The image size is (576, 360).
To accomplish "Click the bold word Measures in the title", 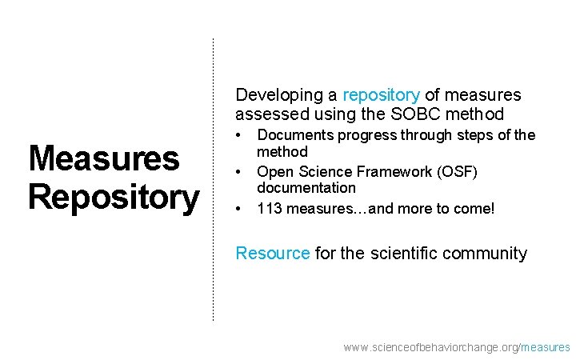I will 104,158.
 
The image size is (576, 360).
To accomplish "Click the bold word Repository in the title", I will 113,197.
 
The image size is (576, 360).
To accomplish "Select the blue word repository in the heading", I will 381,95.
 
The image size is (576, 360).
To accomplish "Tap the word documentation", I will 306,188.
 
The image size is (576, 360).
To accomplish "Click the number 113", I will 269,210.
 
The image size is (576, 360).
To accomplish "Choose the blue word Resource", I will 272,254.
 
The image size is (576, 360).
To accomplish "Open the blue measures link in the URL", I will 546,347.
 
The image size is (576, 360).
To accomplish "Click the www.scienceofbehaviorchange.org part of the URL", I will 430,347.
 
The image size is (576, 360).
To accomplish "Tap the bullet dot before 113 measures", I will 238,210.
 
